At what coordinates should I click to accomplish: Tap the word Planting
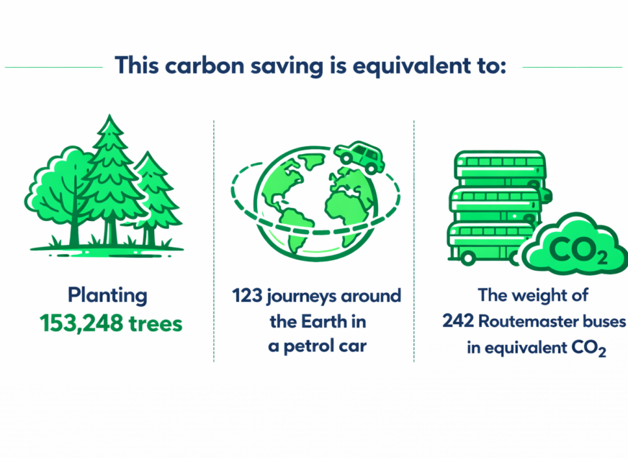pos(107,295)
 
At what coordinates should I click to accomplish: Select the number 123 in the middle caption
pos(246,296)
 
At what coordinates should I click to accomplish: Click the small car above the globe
pos(359,156)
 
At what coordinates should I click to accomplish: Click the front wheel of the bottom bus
pos(469,257)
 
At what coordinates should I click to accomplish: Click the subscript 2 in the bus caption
pos(602,353)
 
